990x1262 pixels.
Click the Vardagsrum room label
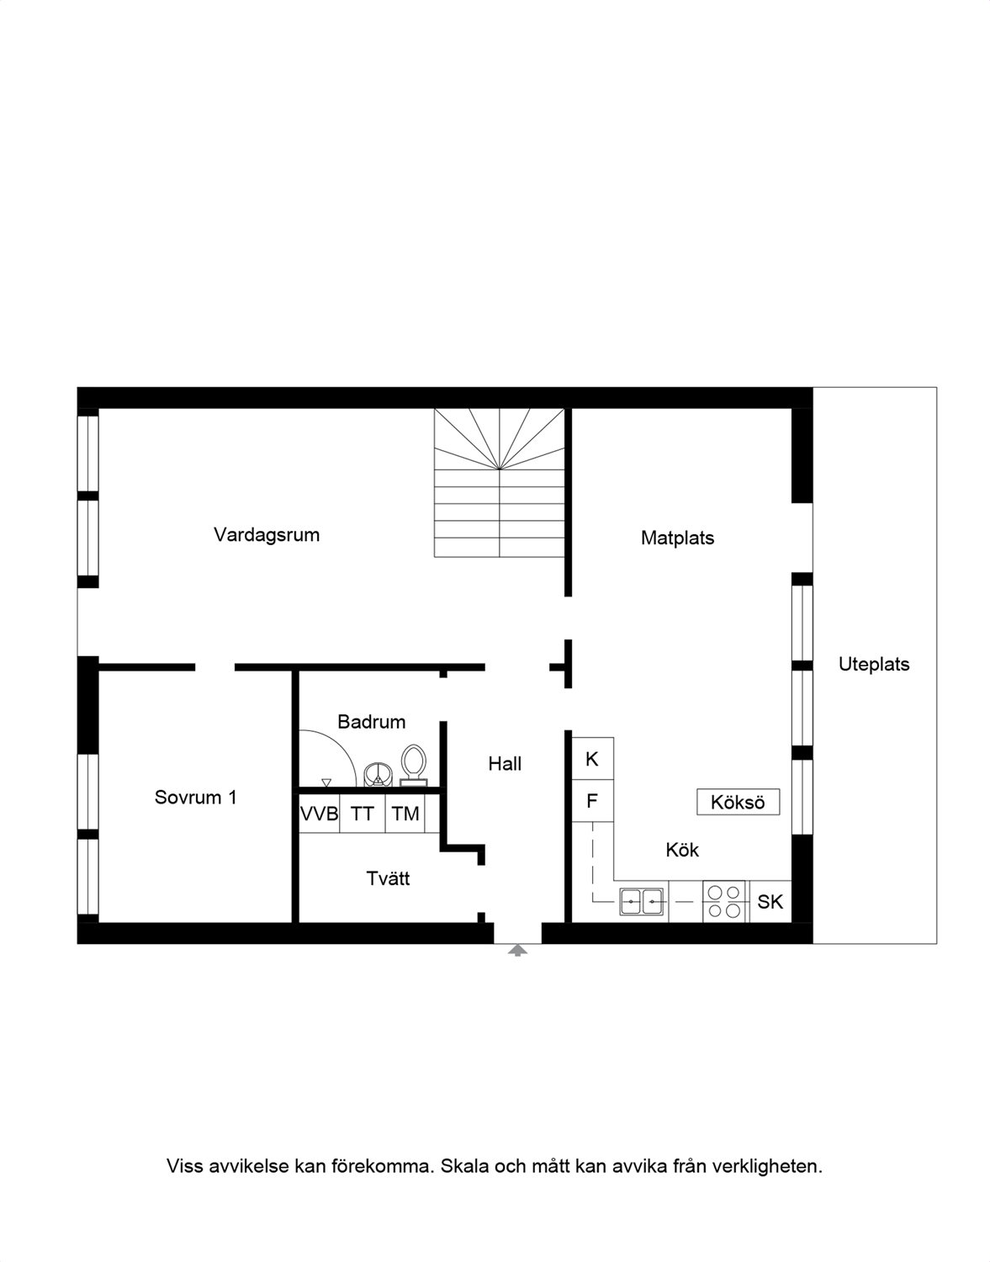[267, 535]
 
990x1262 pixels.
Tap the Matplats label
[677, 538]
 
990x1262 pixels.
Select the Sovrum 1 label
[196, 798]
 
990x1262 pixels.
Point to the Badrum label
[371, 722]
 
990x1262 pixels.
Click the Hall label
[505, 764]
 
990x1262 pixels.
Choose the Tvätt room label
[388, 878]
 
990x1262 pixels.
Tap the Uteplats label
[874, 665]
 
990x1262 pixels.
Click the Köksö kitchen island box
[738, 802]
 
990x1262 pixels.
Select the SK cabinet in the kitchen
[770, 901]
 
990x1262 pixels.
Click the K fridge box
[592, 759]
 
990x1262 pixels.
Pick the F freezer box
[592, 801]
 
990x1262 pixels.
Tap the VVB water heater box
[319, 814]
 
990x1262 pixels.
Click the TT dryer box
[362, 814]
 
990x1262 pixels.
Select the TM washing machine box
[405, 814]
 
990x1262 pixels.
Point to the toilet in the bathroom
[414, 766]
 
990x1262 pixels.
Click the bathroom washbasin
[378, 774]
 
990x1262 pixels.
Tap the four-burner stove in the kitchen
[723, 901]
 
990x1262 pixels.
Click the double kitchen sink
[641, 902]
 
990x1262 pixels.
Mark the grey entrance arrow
[517, 951]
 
